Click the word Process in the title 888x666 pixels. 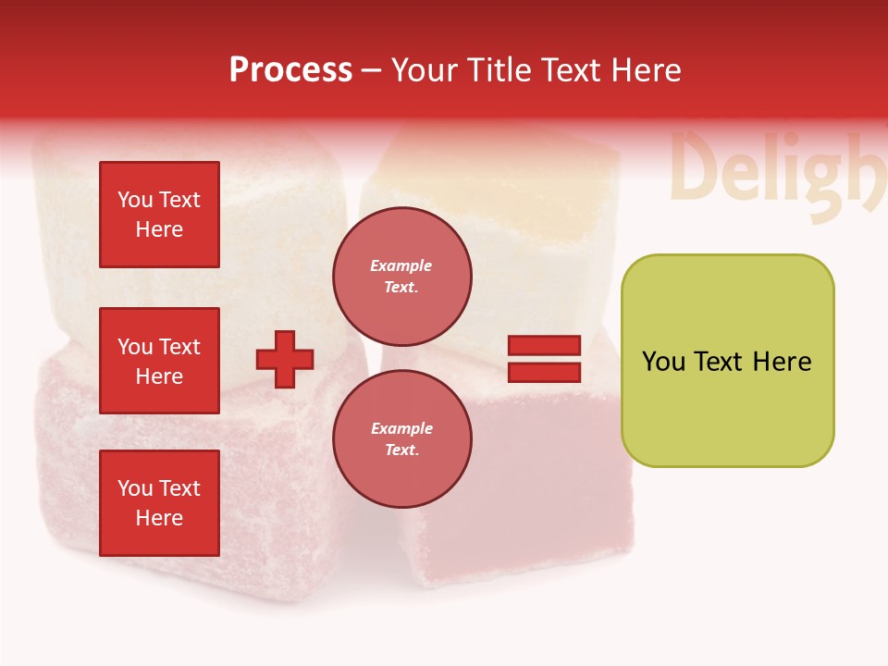[x=290, y=70]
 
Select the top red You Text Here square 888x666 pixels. [x=159, y=215]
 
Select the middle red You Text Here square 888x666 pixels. [x=159, y=361]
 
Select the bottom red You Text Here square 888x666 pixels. [x=159, y=503]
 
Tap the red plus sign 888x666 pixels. [x=285, y=359]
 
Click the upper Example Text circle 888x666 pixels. [x=402, y=276]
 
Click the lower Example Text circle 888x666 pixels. [x=402, y=438]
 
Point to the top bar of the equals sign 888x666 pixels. [x=544, y=345]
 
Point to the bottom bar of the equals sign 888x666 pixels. [x=544, y=372]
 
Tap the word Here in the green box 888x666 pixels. [x=782, y=362]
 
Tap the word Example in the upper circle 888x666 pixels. [x=401, y=265]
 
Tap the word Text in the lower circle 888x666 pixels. [x=401, y=450]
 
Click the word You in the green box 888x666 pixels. [x=662, y=362]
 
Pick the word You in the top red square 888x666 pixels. [x=135, y=200]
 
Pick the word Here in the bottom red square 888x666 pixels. [x=159, y=518]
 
